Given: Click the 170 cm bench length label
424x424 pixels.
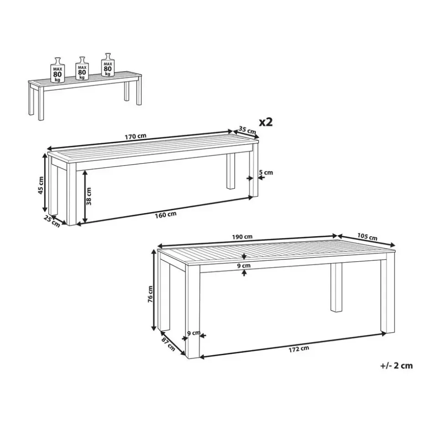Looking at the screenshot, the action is pos(135,136).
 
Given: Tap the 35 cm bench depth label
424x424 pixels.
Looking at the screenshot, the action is pos(247,130).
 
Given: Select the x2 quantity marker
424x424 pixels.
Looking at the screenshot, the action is pos(266,122).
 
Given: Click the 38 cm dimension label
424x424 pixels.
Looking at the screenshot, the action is pos(89,196).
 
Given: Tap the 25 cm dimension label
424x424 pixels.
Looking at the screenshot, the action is pos(52,222).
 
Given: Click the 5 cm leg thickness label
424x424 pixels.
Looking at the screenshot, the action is pos(266,172).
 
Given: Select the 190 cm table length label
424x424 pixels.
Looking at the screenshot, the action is pos(242,237).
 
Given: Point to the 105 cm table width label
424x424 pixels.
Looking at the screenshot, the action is pos(367,237).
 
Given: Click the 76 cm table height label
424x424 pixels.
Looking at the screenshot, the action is pos(150,294).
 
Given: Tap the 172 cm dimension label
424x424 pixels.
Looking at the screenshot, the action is pos(299,349).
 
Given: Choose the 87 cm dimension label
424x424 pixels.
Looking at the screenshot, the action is pos(168,344).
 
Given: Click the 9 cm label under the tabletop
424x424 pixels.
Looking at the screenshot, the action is pos(244,265).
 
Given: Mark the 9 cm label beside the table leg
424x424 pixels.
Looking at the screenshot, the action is pos(194,333).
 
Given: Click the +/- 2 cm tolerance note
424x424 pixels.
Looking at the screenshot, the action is pos(397,366).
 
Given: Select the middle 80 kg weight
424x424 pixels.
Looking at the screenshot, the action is pos(82,68).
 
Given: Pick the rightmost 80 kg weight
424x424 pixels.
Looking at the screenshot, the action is pos(108,64).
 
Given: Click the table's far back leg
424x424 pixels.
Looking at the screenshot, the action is pos(336,287).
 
